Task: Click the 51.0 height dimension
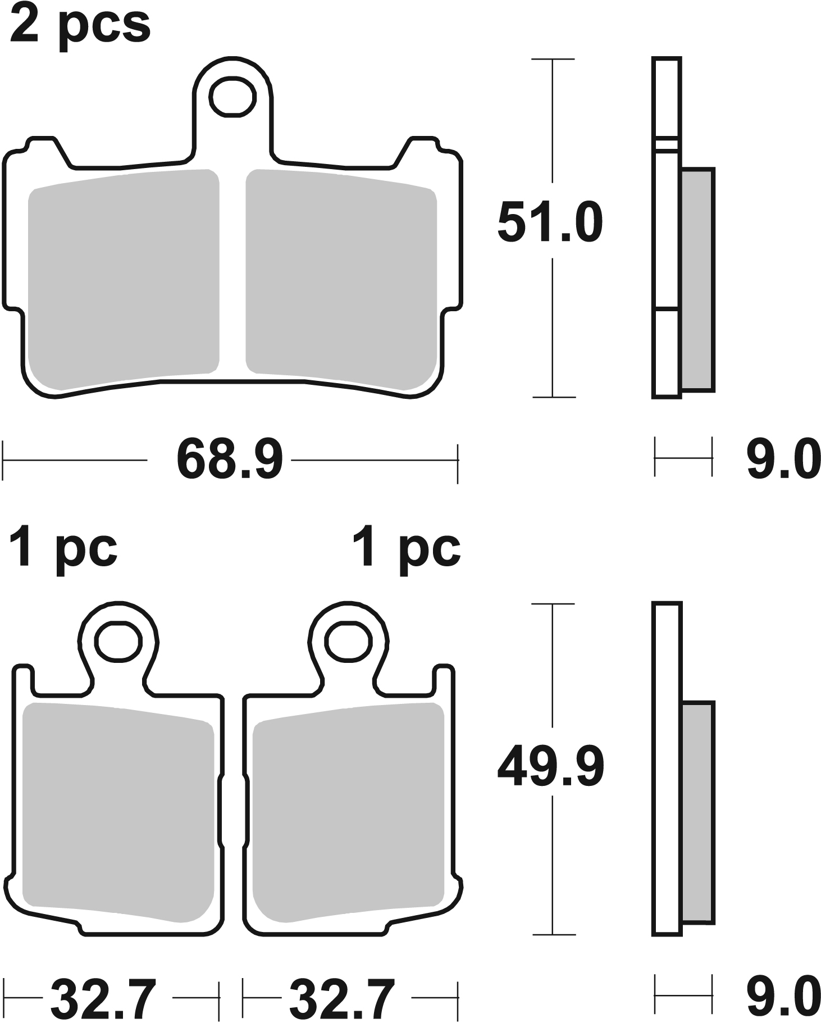[x=550, y=223]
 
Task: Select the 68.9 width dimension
[x=230, y=461]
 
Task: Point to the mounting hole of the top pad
[x=232, y=97]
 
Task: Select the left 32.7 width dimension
[x=103, y=999]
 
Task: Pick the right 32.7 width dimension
[x=342, y=999]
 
